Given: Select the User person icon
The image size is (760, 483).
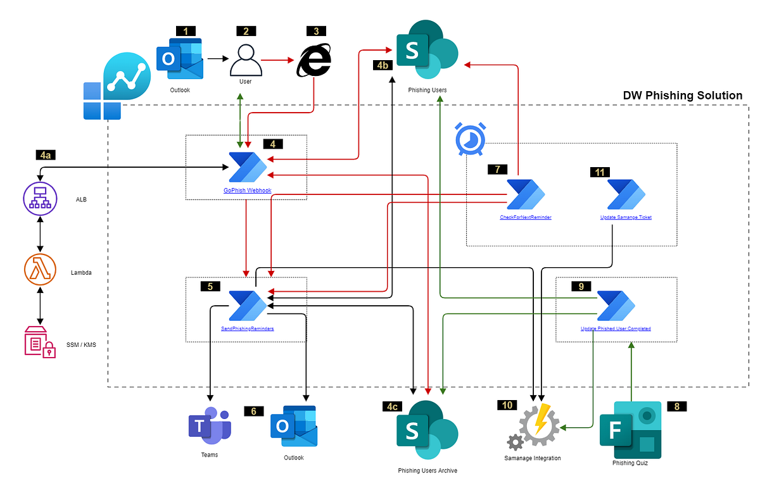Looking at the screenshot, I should pos(246,60).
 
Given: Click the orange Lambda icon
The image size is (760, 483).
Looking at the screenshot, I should pos(41,271).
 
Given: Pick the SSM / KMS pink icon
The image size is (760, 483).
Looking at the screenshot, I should pos(40,342).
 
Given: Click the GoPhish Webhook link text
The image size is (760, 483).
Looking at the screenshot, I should pos(247,190).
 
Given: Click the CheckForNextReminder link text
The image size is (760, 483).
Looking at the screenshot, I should pos(525,217).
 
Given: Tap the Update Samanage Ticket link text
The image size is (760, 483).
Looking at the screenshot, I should pos(626,217).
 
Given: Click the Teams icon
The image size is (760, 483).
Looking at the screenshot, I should pos(209,425).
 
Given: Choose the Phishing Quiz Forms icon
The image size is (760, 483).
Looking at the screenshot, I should pos(630,430).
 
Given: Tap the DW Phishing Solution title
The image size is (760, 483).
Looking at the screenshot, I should pos(682,96).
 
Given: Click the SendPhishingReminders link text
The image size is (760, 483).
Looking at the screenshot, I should pos(247,329).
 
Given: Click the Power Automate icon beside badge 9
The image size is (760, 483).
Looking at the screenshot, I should pos(616,306).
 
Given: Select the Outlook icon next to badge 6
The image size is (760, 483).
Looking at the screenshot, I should pos(293,426).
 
